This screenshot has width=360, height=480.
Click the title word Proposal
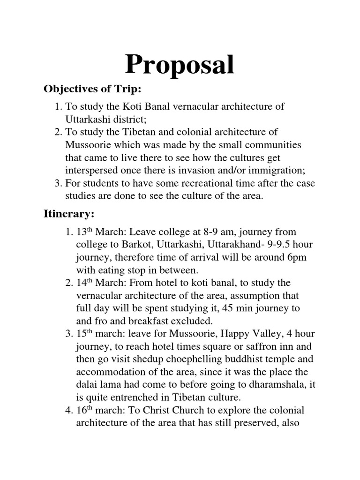coord(180,65)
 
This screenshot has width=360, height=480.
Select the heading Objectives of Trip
coord(92,89)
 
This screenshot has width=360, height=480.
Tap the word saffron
coord(255,347)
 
